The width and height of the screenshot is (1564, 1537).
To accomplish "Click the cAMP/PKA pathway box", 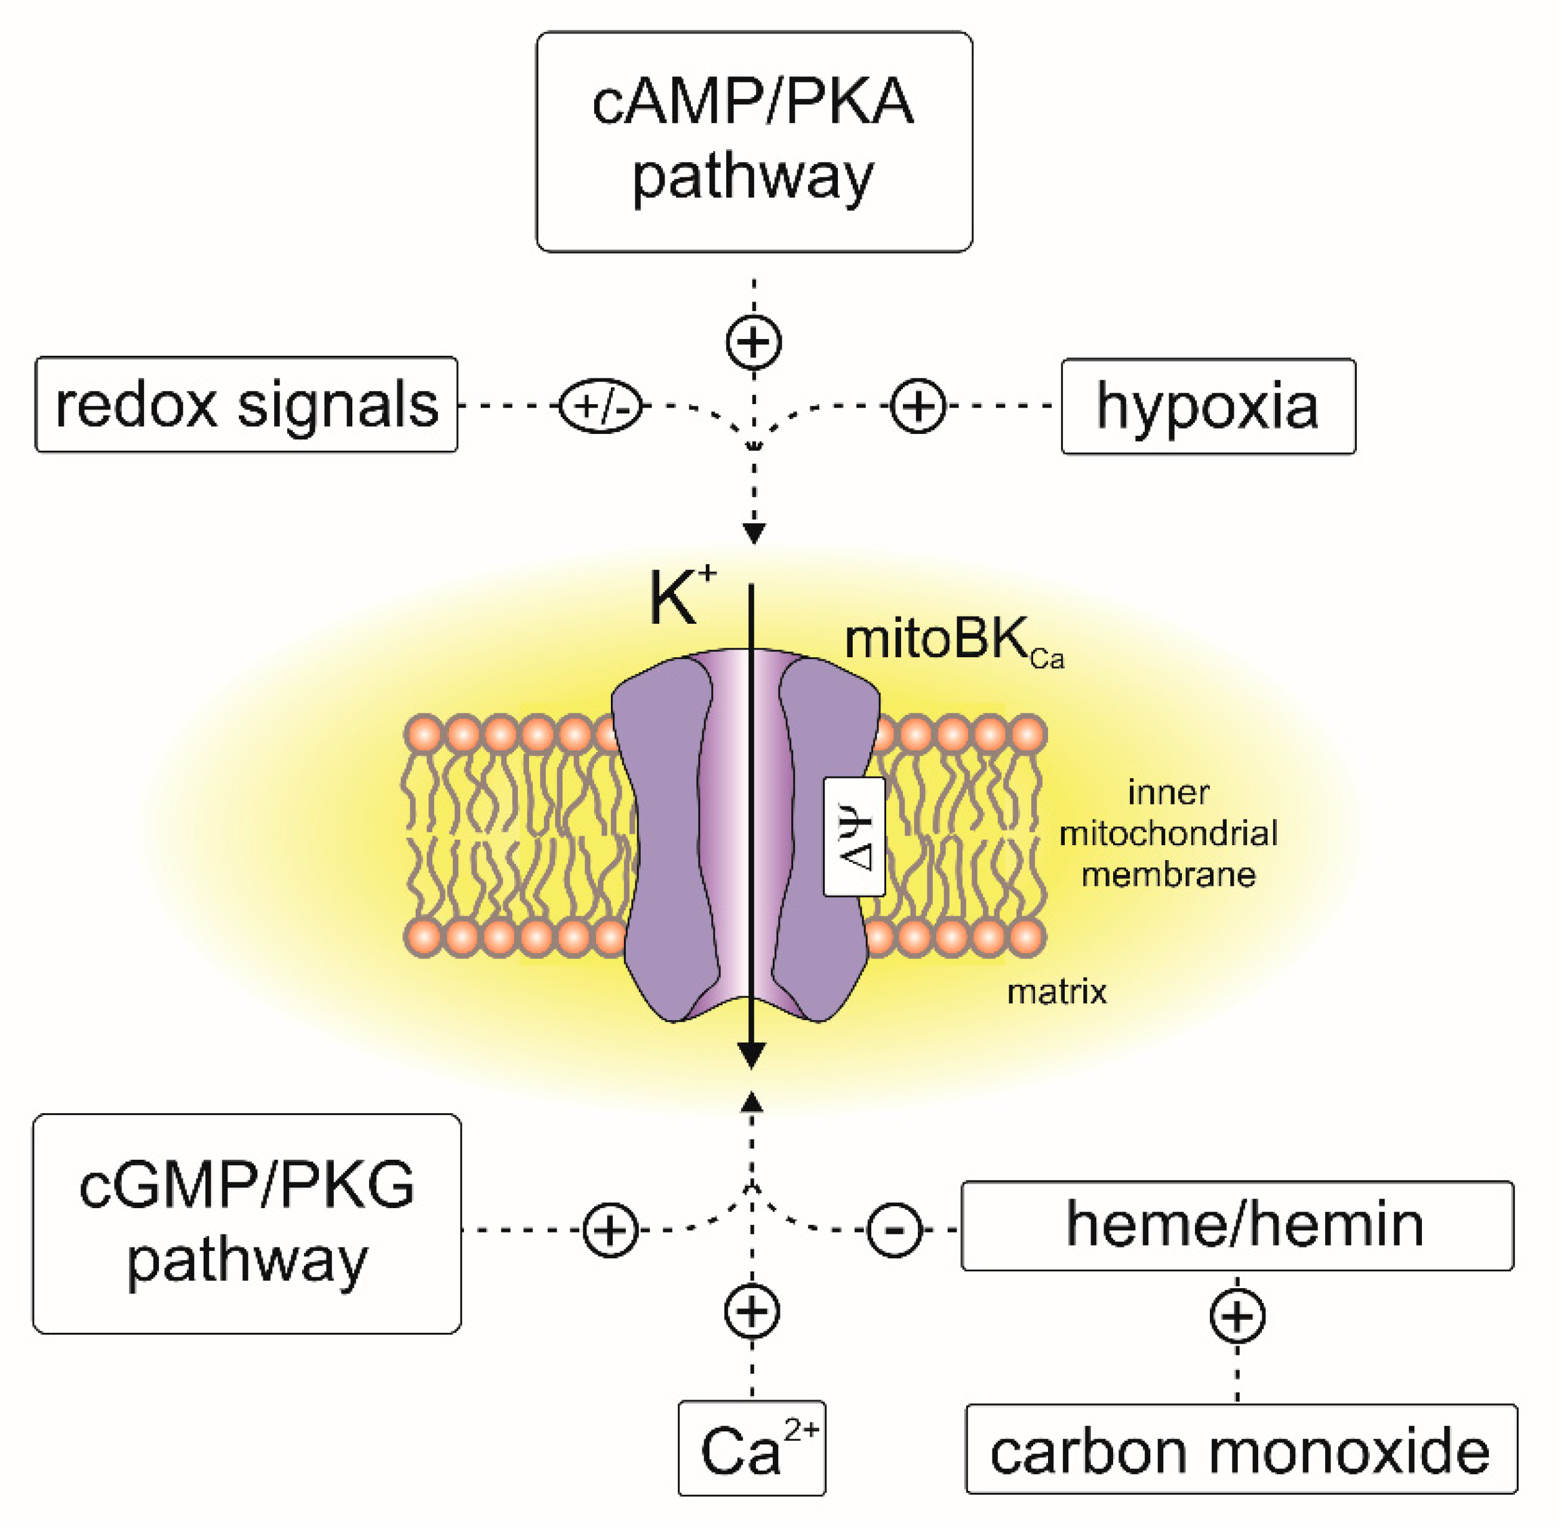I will click(x=754, y=141).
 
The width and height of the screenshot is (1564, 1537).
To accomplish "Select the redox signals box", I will click(x=246, y=405).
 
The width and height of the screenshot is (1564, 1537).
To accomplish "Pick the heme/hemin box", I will click(x=1236, y=1225).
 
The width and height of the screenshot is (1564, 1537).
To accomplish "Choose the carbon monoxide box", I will click(x=1240, y=1449).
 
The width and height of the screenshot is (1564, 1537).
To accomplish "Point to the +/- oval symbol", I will click(x=600, y=405).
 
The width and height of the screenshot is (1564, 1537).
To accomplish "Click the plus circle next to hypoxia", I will click(x=917, y=405).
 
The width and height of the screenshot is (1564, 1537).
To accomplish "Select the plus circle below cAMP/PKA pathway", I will click(x=754, y=342).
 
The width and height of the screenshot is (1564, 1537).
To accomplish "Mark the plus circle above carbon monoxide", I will click(x=1237, y=1317).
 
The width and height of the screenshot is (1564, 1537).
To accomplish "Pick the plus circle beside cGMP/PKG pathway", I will click(x=610, y=1230).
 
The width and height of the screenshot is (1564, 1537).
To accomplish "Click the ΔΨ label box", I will click(x=853, y=836).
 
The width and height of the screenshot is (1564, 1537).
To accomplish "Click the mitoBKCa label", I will click(x=952, y=641).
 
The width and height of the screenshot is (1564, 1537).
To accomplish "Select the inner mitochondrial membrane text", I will click(x=1167, y=833).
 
